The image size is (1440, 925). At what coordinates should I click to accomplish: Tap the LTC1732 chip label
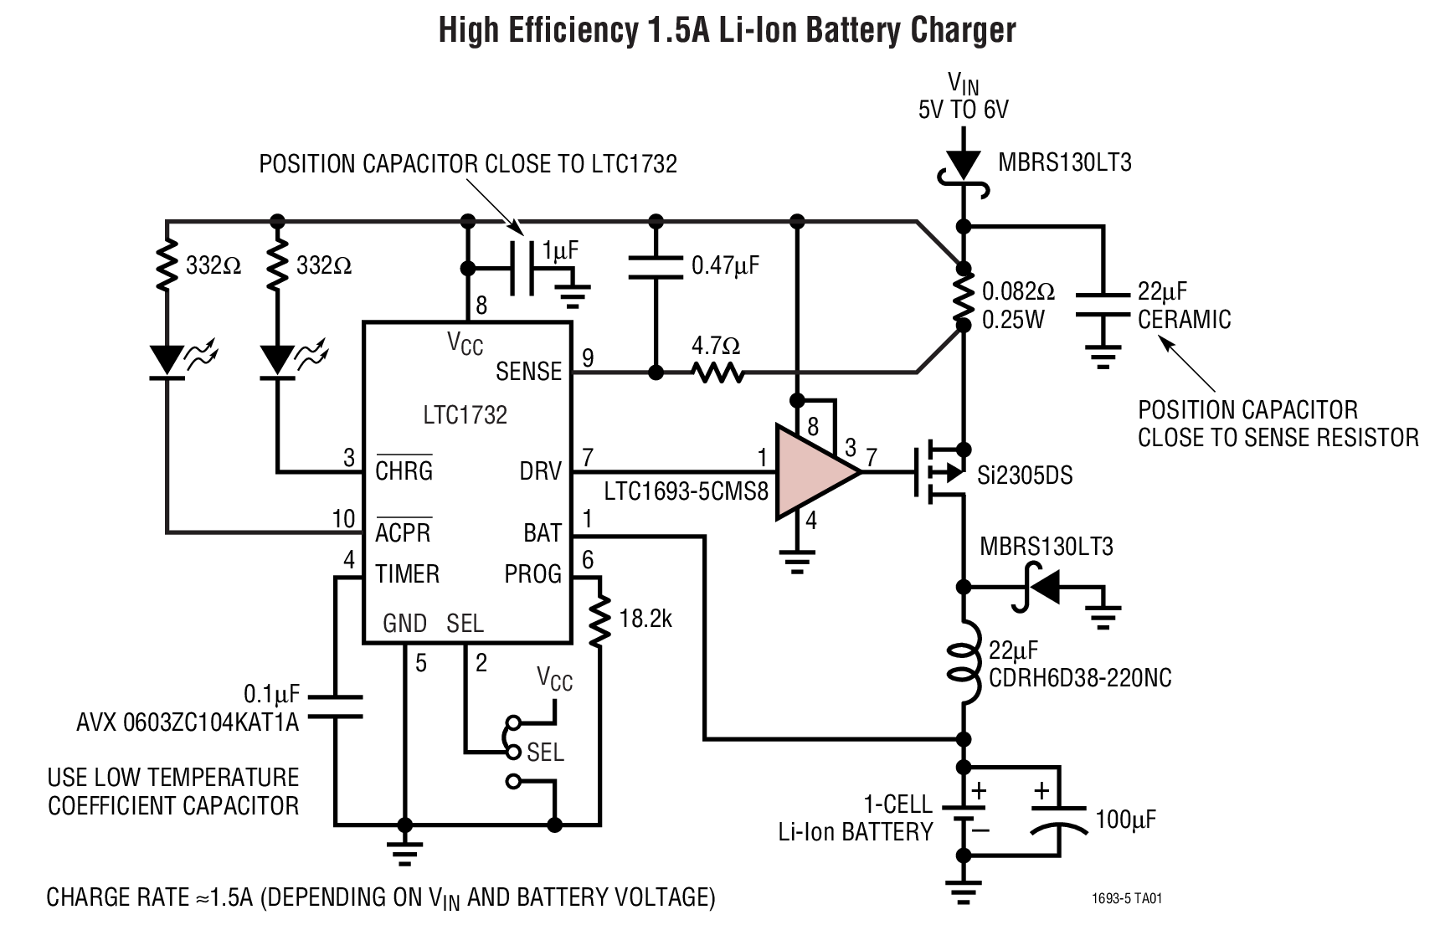[x=465, y=415]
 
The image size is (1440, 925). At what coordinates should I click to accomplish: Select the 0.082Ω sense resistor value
[x=1018, y=291]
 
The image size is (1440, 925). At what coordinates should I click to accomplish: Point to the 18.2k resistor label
[x=645, y=619]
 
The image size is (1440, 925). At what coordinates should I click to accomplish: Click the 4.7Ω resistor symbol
[x=717, y=371]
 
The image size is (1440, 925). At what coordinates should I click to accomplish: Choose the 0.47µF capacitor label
[x=725, y=266]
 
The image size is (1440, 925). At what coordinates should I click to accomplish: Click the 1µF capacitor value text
[x=560, y=249]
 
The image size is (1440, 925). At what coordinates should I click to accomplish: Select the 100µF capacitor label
[x=1125, y=819]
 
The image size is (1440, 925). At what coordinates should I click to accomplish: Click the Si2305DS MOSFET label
[x=1025, y=475]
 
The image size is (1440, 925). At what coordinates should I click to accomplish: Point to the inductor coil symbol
[x=964, y=661]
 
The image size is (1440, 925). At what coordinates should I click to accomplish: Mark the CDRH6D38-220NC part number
[x=1080, y=677]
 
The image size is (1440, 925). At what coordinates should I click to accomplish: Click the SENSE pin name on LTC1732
[x=528, y=371]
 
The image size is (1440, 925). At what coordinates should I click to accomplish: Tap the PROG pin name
[x=532, y=574]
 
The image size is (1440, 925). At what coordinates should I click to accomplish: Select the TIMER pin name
[x=407, y=574]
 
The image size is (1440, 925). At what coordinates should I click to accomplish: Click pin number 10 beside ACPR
[x=343, y=519]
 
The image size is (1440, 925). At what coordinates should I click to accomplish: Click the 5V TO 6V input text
[x=963, y=110]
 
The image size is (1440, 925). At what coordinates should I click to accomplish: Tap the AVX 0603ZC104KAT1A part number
[x=188, y=722]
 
